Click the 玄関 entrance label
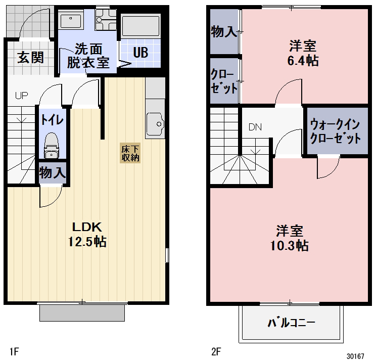(x=30, y=57)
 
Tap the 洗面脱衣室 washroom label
(x=88, y=56)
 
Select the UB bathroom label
(x=140, y=52)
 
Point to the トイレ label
(x=52, y=120)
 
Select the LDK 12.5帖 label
(x=87, y=234)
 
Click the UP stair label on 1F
(x=21, y=95)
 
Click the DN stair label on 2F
(x=255, y=127)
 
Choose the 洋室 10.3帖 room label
(x=290, y=239)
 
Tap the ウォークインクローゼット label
(x=336, y=130)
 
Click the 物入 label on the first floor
(x=52, y=173)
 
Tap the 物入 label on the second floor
(x=223, y=32)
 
